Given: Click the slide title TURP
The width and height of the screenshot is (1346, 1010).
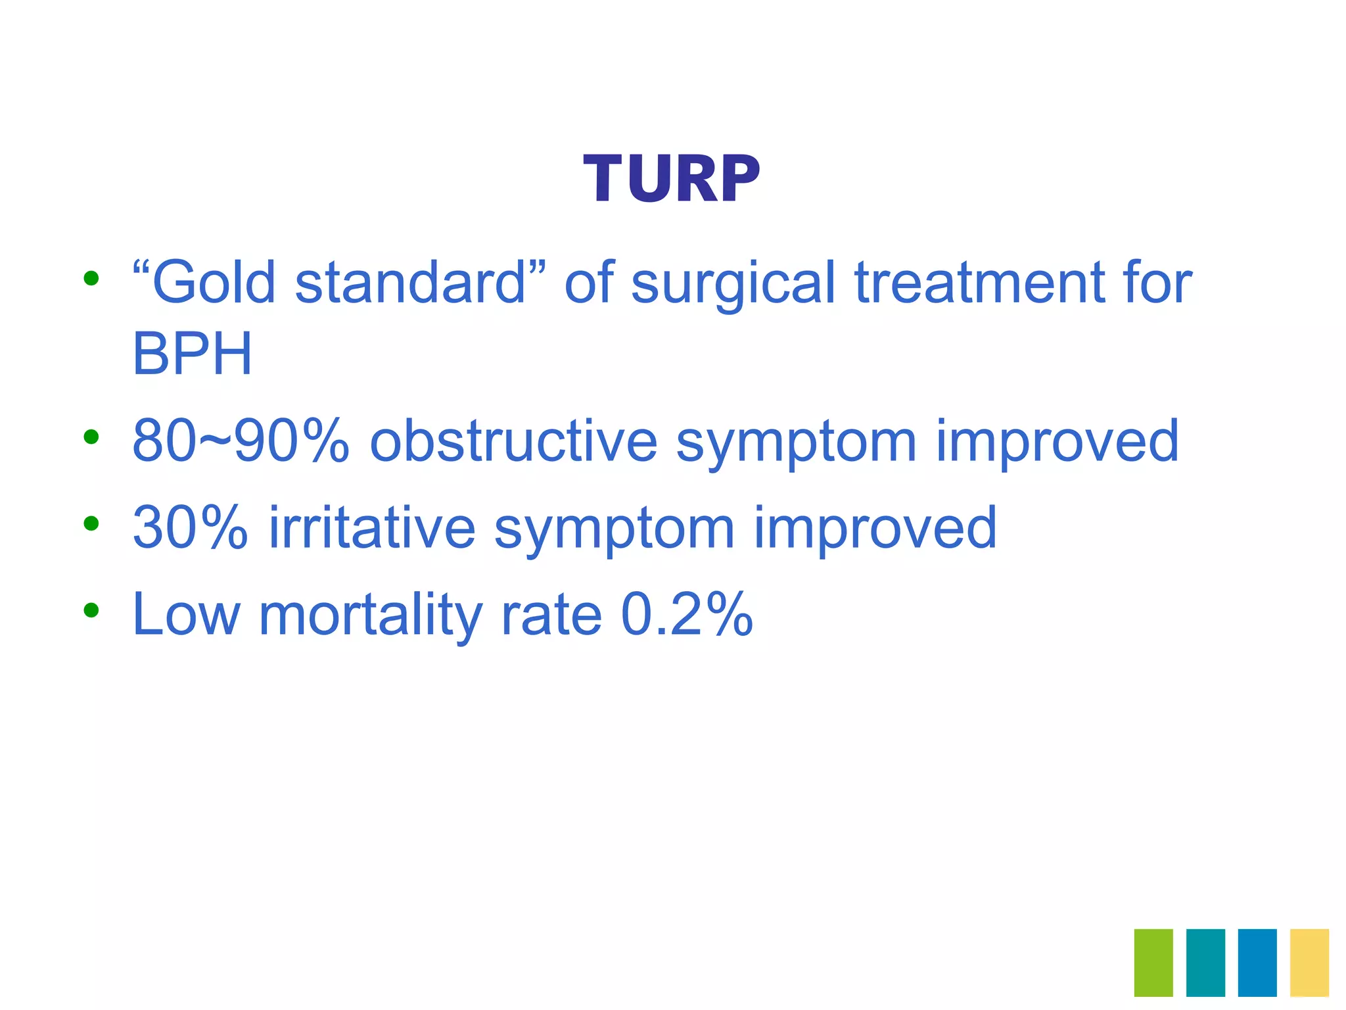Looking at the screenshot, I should (672, 179).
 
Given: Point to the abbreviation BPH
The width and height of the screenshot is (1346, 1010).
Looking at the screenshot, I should (192, 354).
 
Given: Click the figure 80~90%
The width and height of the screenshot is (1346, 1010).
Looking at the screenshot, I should (240, 441).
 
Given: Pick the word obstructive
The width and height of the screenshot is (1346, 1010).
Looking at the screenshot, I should (513, 441).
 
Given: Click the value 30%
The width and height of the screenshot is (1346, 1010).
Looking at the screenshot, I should (191, 528).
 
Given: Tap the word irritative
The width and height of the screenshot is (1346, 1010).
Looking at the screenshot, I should (372, 528).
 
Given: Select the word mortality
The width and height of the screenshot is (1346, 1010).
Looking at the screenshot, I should (371, 615).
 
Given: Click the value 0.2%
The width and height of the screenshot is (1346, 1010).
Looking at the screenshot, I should (687, 615).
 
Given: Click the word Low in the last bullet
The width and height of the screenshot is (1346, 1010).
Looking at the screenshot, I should (186, 615).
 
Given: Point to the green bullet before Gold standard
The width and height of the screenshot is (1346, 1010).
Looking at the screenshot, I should (91, 278).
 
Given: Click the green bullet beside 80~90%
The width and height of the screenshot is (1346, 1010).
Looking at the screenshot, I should (91, 437).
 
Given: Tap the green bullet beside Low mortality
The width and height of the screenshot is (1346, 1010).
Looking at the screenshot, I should (91, 610).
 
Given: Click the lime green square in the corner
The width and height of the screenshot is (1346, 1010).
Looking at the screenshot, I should (1153, 962).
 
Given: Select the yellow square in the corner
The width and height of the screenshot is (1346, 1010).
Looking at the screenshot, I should (1309, 962).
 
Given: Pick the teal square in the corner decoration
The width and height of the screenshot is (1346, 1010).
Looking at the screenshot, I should (1205, 962).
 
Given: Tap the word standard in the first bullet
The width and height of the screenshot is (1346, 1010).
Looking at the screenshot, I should (411, 283).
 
